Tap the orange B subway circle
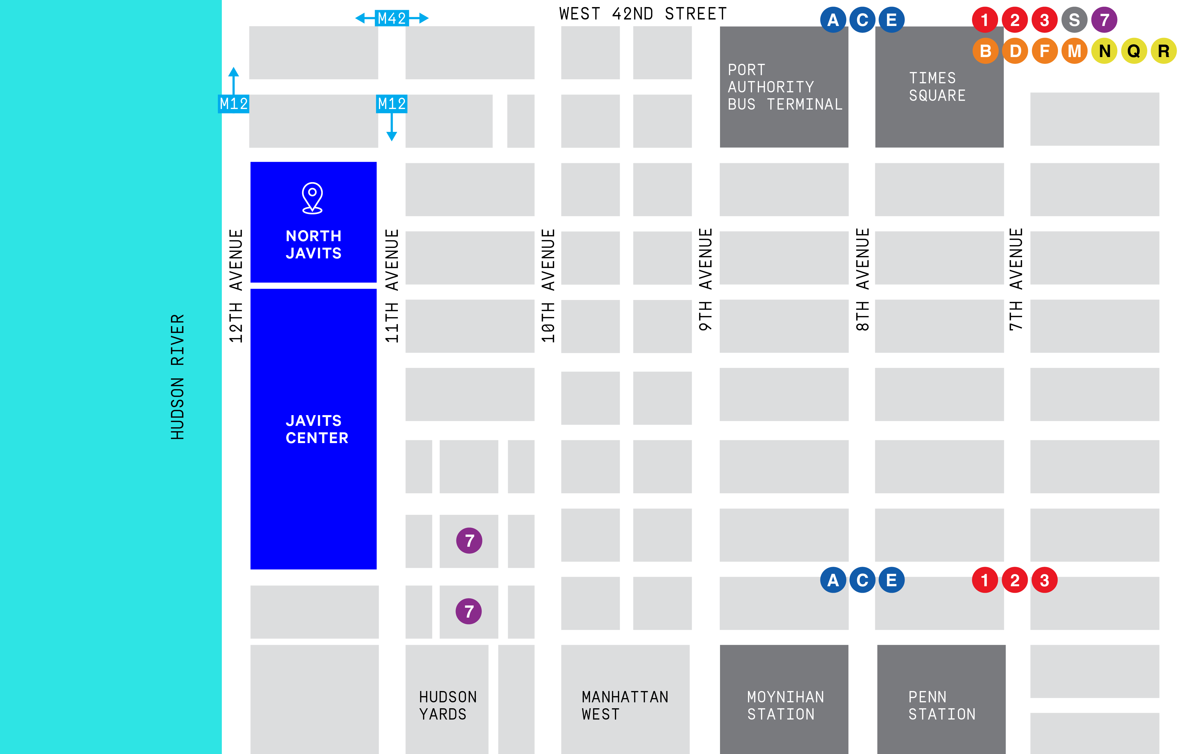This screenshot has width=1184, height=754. point(985,51)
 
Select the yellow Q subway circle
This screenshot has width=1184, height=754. point(1134,51)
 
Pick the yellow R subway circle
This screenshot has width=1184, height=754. point(1163,51)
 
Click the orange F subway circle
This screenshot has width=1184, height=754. point(1045,51)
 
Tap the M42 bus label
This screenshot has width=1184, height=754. point(392,18)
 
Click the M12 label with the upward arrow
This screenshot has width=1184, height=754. point(234,104)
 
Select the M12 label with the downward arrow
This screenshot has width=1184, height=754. point(392,104)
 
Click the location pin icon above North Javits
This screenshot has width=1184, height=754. point(312,198)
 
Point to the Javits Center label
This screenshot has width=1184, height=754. point(317,429)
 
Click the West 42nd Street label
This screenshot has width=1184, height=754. point(643,14)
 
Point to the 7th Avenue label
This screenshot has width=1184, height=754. point(1016,279)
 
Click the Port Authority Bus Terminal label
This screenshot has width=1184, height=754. point(785,87)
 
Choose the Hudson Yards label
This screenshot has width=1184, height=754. point(447,705)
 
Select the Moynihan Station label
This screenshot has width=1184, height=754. point(785,705)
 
